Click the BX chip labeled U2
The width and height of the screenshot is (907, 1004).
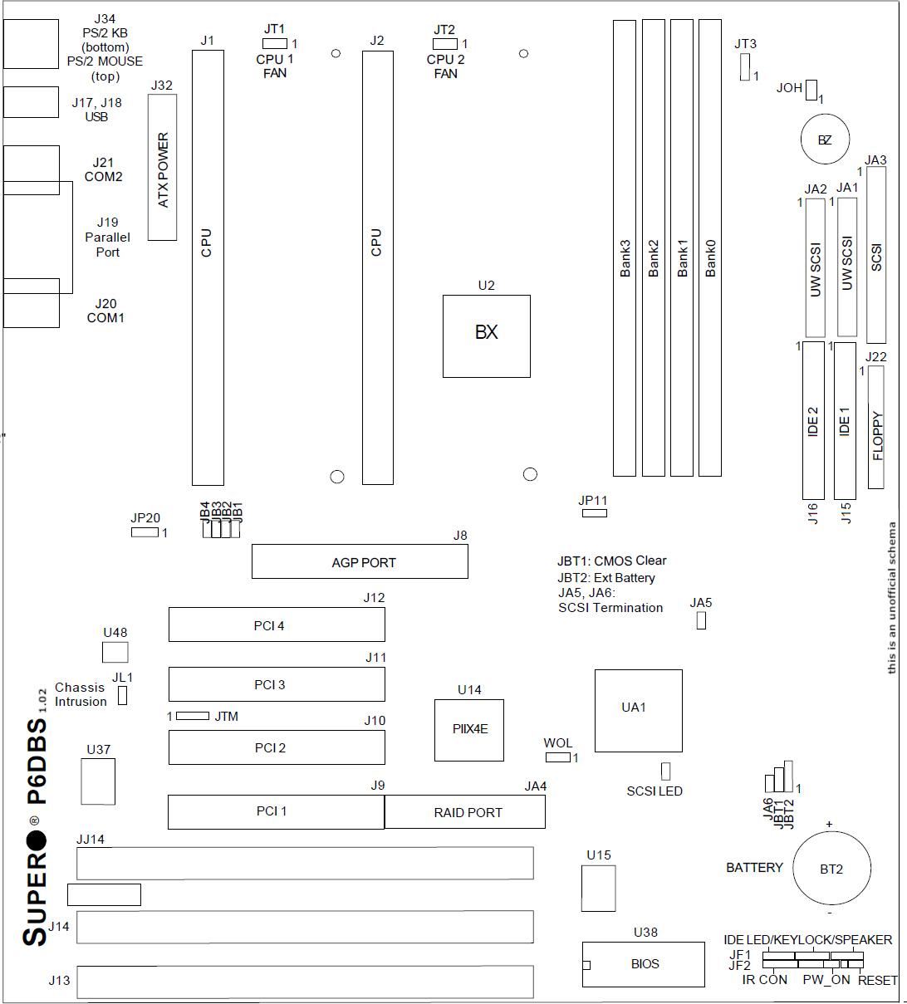click(x=486, y=335)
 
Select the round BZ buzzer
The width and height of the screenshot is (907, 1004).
click(x=824, y=140)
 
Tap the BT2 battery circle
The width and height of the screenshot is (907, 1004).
click(x=831, y=869)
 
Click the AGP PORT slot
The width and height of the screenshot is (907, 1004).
click(x=360, y=562)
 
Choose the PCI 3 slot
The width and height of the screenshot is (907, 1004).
click(x=277, y=684)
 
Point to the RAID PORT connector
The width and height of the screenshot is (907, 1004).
click(x=465, y=812)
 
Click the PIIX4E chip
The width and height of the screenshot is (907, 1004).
click(x=469, y=730)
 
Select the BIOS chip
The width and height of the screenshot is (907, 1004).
click(x=644, y=964)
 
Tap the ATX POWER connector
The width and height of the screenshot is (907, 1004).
click(x=163, y=168)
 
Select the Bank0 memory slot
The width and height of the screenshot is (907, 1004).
click(x=710, y=248)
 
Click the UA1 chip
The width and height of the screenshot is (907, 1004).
click(x=638, y=711)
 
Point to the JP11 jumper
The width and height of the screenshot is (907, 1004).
click(x=594, y=513)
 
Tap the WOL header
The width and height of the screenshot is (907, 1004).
click(x=558, y=757)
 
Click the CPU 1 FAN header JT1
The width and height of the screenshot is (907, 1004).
click(x=275, y=44)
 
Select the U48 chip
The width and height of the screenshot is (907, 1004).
click(x=115, y=652)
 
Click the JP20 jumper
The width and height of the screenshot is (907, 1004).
click(x=145, y=531)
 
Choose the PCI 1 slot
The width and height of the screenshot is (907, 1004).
click(x=276, y=811)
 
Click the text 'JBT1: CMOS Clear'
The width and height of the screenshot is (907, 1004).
click(x=611, y=561)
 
